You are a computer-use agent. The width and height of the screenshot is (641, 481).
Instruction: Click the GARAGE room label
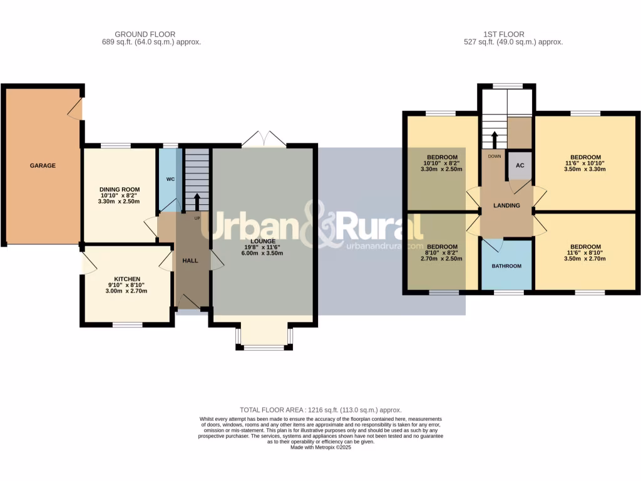tap(43, 166)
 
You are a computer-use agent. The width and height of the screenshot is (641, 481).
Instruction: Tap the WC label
tap(170, 179)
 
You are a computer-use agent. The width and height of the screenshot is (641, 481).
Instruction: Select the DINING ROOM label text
tap(120, 189)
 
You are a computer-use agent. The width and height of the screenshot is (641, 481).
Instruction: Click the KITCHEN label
tap(127, 279)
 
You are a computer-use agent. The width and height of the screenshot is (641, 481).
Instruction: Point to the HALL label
tap(190, 261)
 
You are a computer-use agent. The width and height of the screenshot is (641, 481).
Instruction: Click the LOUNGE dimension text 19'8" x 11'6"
tap(264, 247)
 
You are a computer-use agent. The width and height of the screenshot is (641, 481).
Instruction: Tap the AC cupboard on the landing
tap(520, 165)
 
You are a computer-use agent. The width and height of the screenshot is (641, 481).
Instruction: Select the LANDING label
tap(506, 205)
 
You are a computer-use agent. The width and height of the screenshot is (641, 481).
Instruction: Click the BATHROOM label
tap(506, 266)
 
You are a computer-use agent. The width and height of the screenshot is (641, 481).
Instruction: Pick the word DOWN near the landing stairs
tap(495, 156)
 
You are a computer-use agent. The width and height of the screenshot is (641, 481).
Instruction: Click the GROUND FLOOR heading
tap(145, 34)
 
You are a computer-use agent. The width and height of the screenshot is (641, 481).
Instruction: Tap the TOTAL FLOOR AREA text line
tap(320, 410)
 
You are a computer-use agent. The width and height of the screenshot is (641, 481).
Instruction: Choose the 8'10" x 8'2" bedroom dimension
tap(443, 252)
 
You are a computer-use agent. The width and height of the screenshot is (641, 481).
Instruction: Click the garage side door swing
tap(75, 109)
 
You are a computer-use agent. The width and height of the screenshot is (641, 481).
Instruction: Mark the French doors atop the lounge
tap(265, 138)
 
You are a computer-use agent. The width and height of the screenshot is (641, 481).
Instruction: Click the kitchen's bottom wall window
tap(128, 324)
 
